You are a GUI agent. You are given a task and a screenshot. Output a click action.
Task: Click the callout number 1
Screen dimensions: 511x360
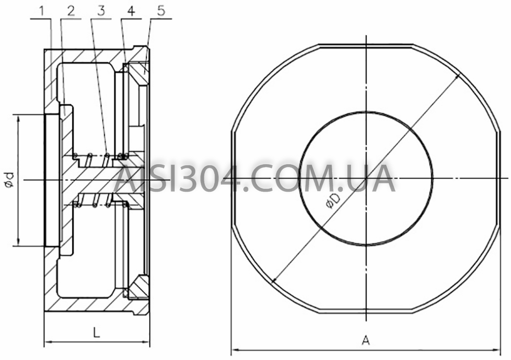pos(41,11)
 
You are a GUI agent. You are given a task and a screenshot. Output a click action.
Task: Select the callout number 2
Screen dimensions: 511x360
pos(71,11)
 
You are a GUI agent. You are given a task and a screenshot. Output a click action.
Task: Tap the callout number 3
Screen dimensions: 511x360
pos(101,11)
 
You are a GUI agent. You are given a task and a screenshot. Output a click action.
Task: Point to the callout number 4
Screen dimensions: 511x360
pos(131,11)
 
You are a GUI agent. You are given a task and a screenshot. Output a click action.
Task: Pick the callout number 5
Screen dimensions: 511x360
pos(161,11)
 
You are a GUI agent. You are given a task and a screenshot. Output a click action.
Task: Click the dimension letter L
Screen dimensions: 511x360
pos(96,332)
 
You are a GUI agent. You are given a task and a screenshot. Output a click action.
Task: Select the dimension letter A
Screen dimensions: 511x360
pos(366,341)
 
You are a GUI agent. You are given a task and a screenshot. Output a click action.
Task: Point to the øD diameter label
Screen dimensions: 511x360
pos(333,200)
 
